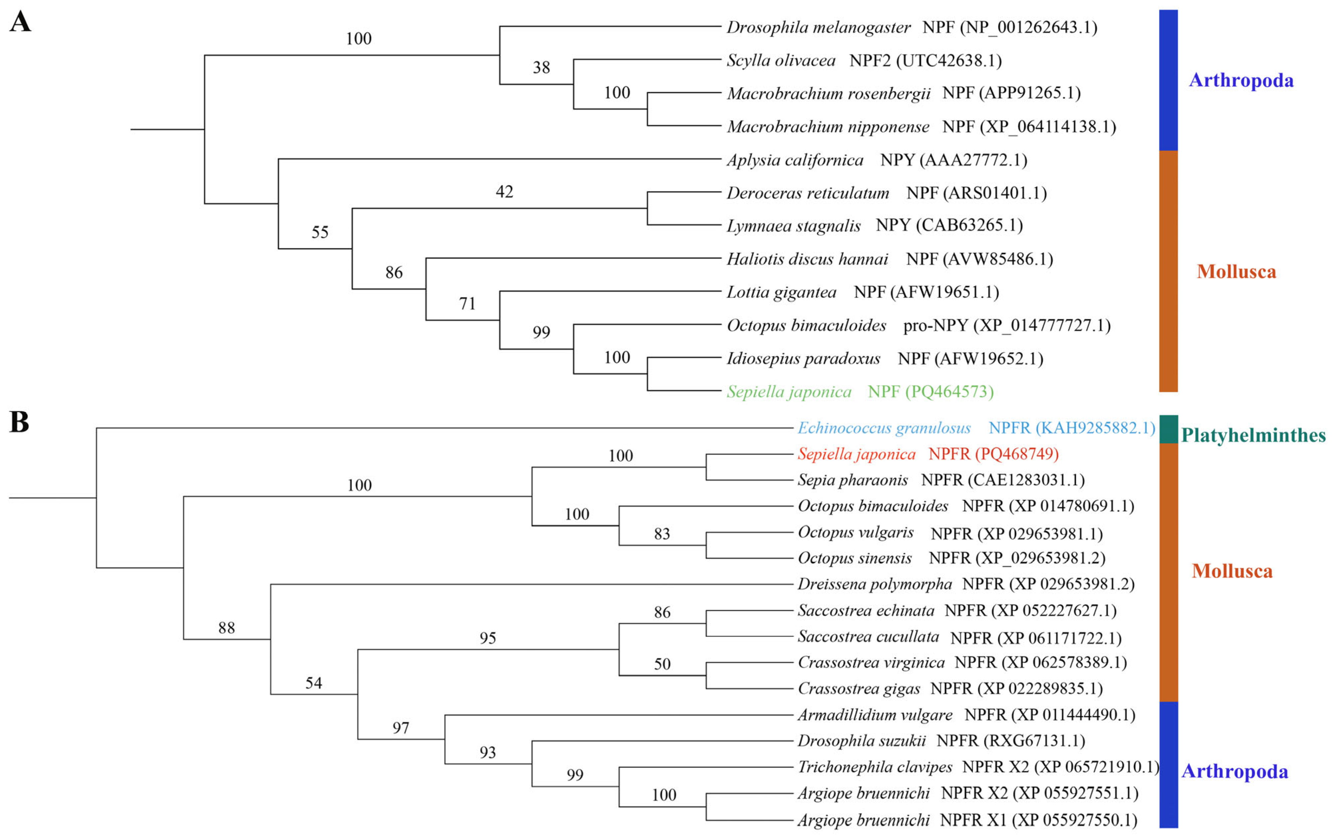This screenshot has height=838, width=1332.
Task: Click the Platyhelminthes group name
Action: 1253,435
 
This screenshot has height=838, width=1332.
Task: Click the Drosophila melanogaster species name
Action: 818,27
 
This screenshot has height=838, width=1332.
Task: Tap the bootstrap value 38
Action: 541,68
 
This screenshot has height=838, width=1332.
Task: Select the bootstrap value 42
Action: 504,192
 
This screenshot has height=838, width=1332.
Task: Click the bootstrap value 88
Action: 226,628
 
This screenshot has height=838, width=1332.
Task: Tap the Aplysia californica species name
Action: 794,160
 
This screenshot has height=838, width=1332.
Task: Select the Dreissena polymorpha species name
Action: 874,584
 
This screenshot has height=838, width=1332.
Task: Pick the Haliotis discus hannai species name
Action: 807,259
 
